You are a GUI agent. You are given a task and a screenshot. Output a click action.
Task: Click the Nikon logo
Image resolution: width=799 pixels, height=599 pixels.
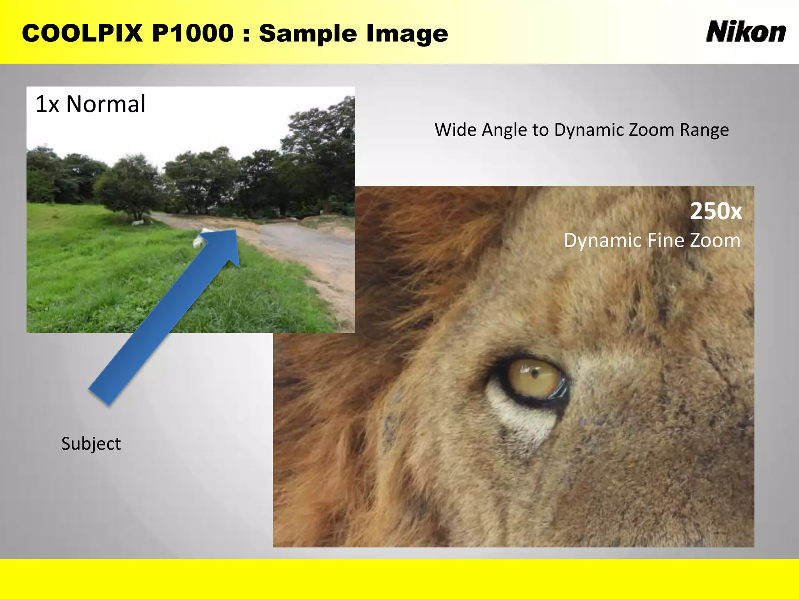pos(746,32)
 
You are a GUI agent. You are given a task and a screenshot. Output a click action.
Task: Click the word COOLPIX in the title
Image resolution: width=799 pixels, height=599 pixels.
pos(82,33)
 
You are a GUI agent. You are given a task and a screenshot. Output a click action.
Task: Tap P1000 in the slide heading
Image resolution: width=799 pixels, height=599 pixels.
pos(193,33)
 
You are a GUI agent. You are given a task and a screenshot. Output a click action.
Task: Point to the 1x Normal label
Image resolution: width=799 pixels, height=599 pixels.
pos(91,104)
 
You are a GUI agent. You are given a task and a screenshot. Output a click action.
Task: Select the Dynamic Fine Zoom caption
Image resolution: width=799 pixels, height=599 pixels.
pos(652,240)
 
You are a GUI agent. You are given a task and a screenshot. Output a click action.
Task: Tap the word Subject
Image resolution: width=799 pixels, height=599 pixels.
pos(91,444)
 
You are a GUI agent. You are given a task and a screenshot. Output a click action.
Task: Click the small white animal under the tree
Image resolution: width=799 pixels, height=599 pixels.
pos(139,223)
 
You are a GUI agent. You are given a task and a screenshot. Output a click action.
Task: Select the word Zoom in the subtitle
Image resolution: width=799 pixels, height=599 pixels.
pos(652,130)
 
